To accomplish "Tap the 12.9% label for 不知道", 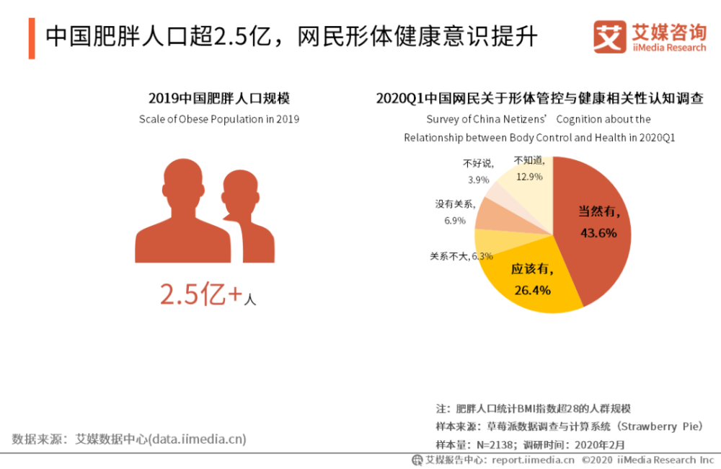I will pyautogui.click(x=528, y=176).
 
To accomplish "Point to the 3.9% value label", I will pyautogui.click(x=478, y=180).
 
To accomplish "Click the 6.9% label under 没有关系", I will pyautogui.click(x=454, y=221).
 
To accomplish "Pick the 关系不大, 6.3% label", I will pyautogui.click(x=461, y=255).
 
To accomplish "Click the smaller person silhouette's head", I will pyautogui.click(x=239, y=189).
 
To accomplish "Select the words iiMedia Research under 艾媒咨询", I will pyautogui.click(x=668, y=48).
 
